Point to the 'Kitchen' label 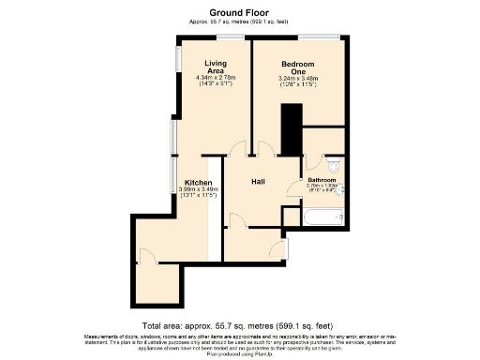point(198,182)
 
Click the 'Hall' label point(260,182)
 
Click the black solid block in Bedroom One point(292,128)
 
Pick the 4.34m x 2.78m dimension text point(215,78)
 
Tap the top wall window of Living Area point(229,37)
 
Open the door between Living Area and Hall point(238,148)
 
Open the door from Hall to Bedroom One point(265,148)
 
